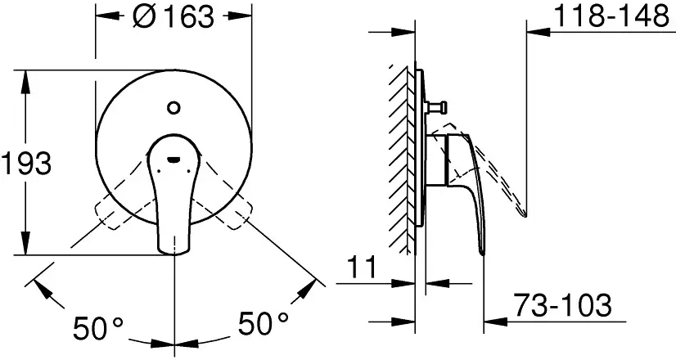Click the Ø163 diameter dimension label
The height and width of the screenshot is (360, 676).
[x=174, y=17]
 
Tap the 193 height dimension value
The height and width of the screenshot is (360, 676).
[x=26, y=164]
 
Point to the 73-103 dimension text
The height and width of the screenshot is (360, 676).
[x=563, y=305]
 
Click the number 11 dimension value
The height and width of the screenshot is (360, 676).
[x=361, y=268]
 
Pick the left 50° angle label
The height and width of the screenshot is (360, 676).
[x=98, y=328]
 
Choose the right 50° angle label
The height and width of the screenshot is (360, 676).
[x=263, y=323]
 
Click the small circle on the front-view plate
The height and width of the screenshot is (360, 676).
[x=174, y=107]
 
